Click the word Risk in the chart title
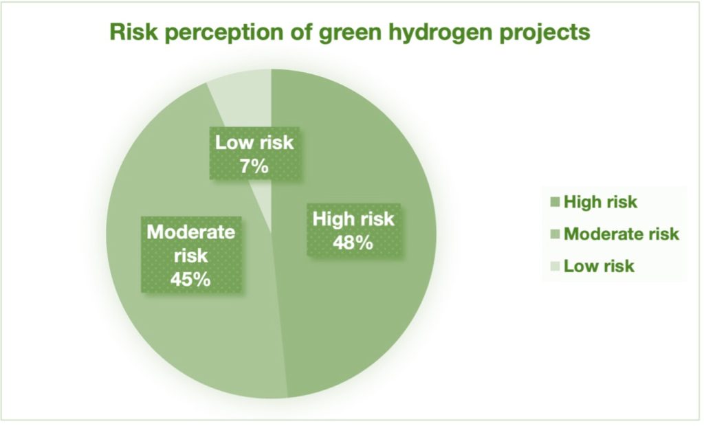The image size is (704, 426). (133, 32)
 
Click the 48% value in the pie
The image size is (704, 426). (353, 243)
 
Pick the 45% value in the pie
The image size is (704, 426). (190, 279)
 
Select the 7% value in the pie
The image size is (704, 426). (254, 166)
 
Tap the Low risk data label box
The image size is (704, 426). (254, 153)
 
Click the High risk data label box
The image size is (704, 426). (354, 230)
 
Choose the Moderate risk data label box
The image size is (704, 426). (191, 255)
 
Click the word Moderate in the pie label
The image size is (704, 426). (191, 232)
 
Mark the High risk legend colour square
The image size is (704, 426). (555, 202)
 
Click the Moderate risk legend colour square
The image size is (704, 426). (555, 234)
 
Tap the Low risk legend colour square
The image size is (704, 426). (555, 266)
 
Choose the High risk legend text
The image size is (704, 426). (600, 202)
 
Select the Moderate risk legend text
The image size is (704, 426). (621, 234)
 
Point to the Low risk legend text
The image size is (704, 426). (599, 266)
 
